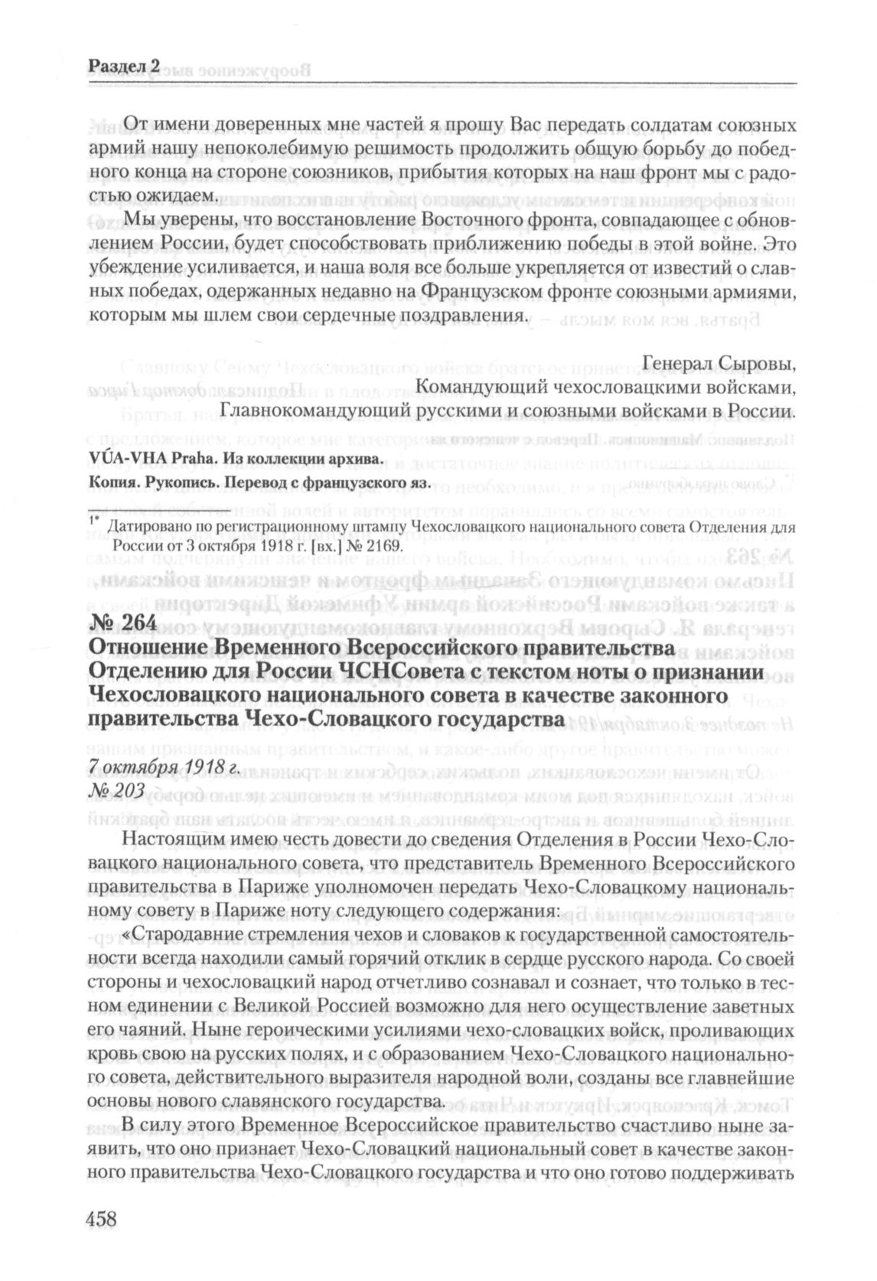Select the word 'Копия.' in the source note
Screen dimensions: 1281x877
coord(112,482)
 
